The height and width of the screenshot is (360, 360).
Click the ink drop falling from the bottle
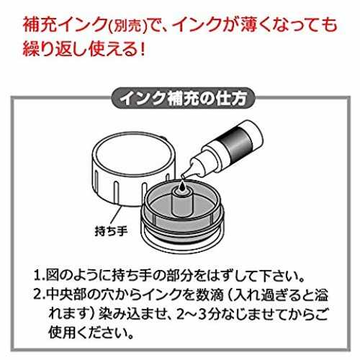click(x=183, y=185)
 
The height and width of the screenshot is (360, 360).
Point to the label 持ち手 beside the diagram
click(x=111, y=232)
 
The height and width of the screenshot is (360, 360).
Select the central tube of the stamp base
click(x=183, y=201)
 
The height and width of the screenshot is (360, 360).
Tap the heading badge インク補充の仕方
click(x=183, y=99)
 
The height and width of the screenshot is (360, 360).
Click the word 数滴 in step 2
click(x=210, y=294)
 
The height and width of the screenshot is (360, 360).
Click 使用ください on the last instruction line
click(x=88, y=333)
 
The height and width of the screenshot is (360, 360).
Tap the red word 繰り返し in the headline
click(x=55, y=50)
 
